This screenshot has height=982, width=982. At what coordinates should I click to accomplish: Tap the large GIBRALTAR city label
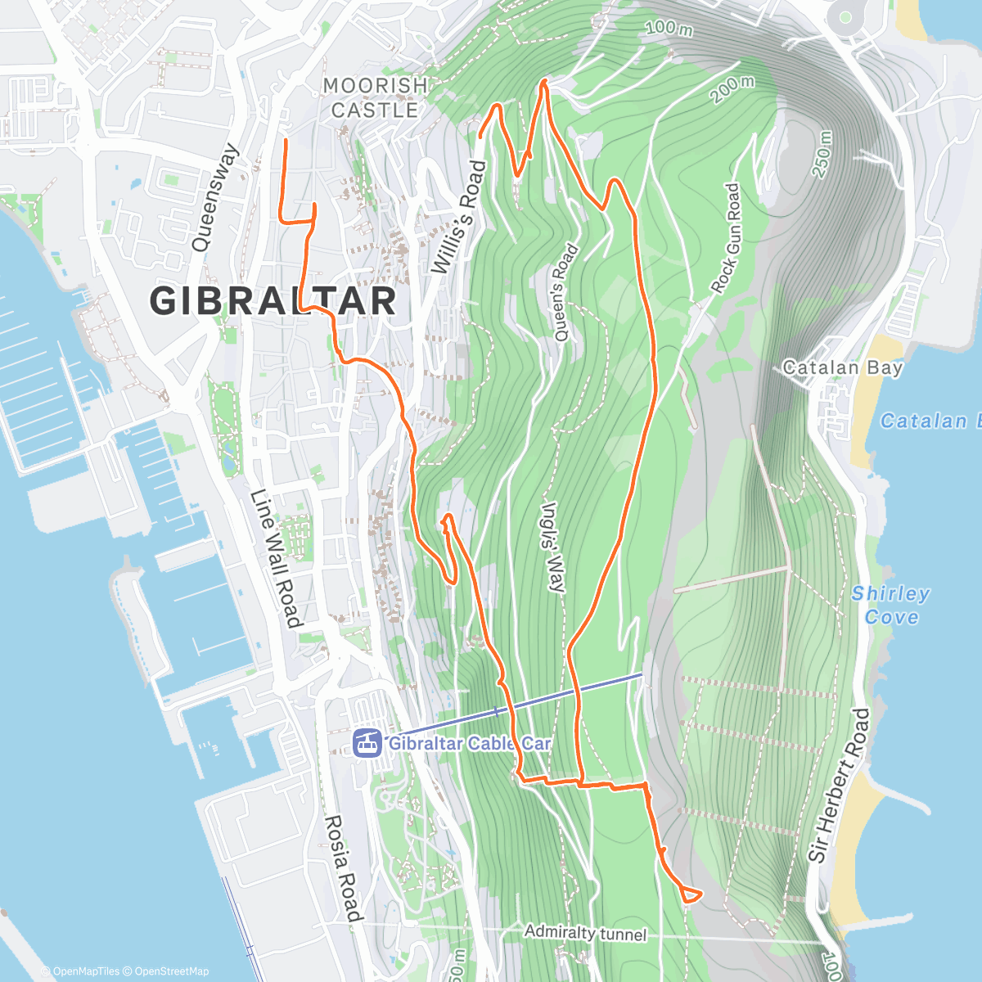(273, 300)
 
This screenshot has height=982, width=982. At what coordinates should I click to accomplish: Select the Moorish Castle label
(376, 97)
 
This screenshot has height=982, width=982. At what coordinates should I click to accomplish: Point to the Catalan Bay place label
(842, 367)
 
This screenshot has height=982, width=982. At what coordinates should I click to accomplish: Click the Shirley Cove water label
(890, 605)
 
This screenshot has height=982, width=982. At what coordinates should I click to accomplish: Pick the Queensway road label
(215, 197)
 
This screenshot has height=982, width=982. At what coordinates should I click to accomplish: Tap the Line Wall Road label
(275, 558)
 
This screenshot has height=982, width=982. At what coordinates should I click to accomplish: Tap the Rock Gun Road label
(725, 238)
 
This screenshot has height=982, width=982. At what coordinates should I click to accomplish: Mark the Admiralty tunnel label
(585, 932)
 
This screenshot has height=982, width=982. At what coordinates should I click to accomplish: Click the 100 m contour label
(669, 28)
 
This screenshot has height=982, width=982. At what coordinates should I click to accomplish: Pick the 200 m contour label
(732, 88)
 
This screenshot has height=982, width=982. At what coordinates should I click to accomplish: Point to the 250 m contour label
(822, 155)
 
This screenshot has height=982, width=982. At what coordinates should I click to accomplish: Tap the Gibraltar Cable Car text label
(469, 744)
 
